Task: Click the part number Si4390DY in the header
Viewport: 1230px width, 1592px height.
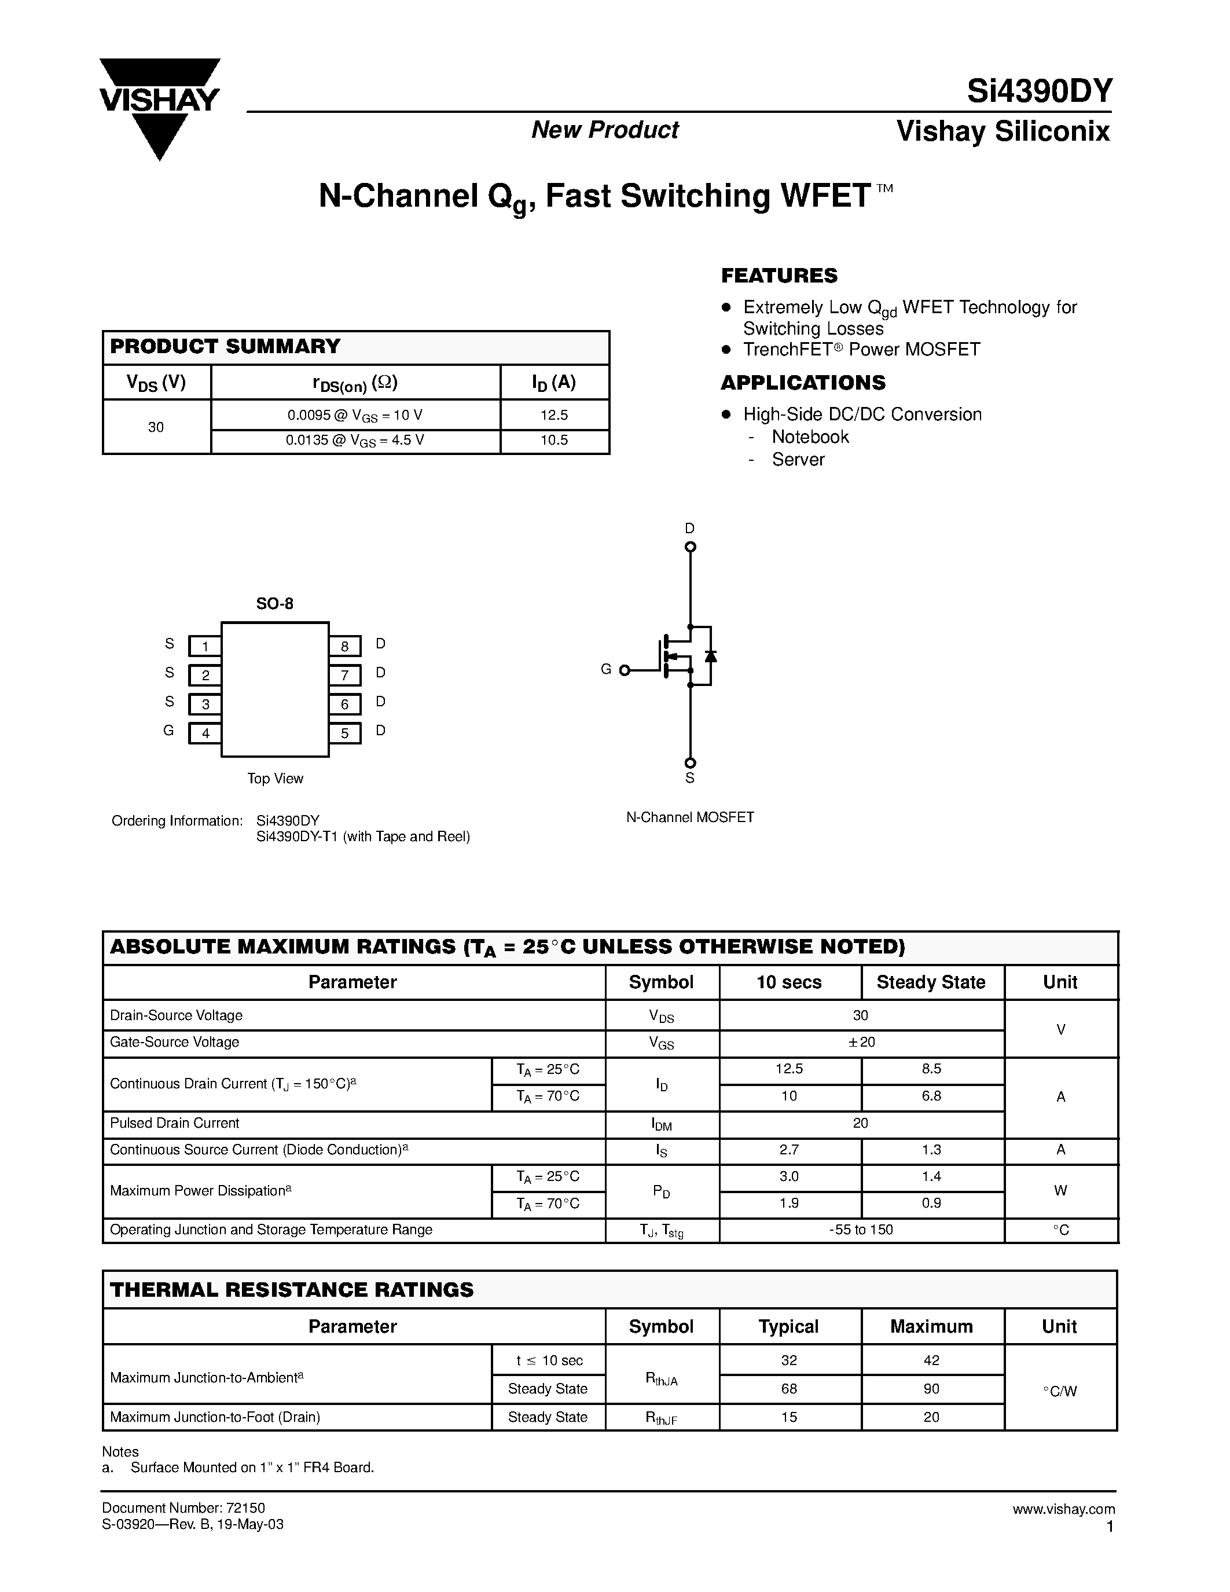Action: coord(1039,91)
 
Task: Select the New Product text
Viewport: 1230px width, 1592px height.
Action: coord(605,130)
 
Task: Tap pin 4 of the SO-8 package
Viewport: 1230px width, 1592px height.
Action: coord(205,733)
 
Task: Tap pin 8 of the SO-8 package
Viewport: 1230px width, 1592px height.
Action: coord(344,646)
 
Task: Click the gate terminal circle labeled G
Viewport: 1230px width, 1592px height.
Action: coord(625,670)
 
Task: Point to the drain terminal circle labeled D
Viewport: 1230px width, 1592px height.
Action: coord(690,546)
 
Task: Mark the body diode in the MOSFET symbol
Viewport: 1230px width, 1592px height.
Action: coord(710,656)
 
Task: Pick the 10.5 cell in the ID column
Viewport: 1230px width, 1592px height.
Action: coord(554,441)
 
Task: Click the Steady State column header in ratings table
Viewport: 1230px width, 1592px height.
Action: coord(931,982)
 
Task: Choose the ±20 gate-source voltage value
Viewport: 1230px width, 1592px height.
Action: coord(861,1043)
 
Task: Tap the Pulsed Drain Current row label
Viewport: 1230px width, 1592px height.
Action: coord(175,1123)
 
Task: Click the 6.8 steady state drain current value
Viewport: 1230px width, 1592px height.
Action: coord(931,1096)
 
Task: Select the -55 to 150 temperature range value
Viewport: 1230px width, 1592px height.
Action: coord(861,1230)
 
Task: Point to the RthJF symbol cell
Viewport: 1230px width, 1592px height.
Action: coord(661,1418)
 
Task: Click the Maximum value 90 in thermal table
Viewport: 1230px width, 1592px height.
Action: coord(931,1389)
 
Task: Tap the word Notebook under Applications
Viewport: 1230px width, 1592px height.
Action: coord(810,436)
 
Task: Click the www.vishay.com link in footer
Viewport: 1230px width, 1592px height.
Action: coord(1063,1509)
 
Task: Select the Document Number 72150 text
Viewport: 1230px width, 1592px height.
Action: coord(183,1507)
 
